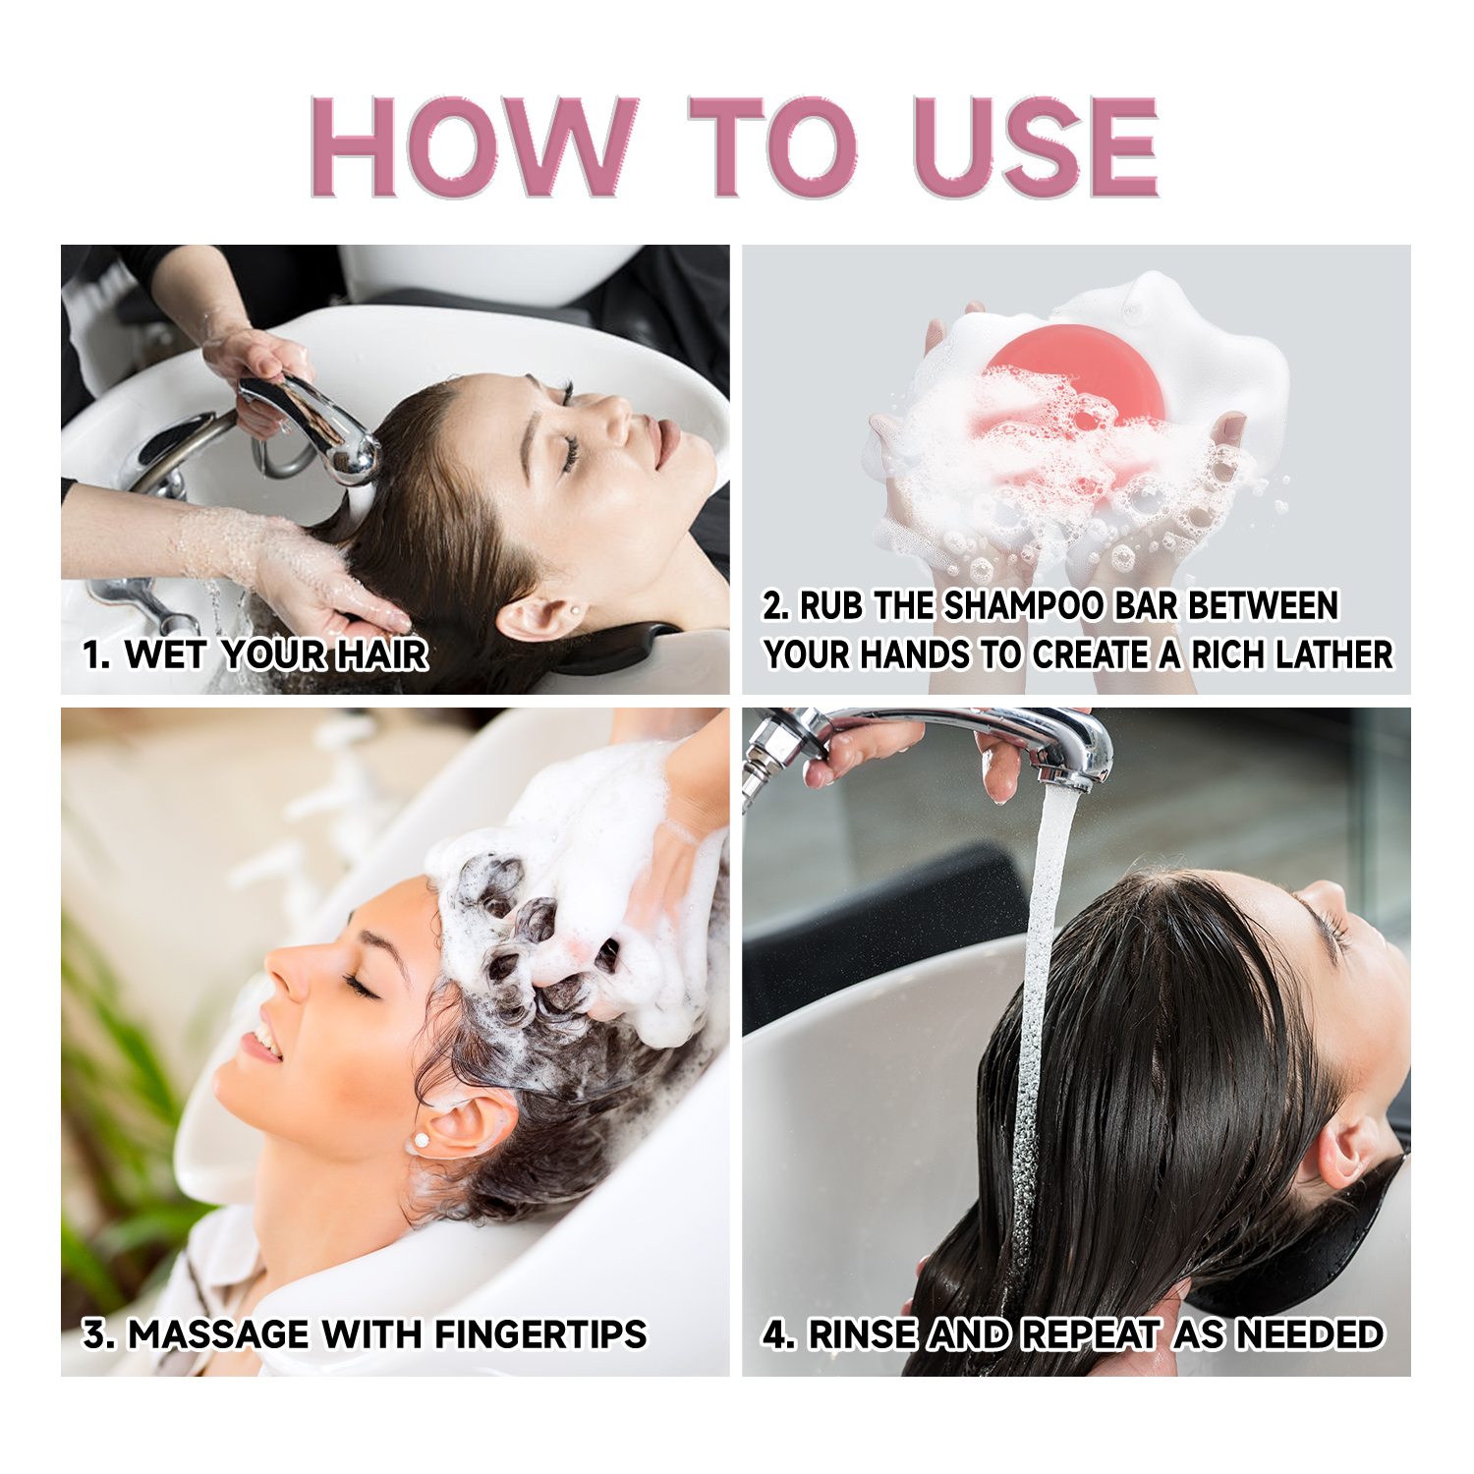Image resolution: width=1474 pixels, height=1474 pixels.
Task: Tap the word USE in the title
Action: coord(1036,147)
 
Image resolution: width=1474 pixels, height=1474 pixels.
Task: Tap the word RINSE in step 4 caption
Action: coord(862,1334)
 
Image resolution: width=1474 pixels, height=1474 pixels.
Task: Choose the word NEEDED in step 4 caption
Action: coord(1309,1334)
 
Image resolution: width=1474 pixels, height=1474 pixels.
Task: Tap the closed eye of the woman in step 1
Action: coord(568,452)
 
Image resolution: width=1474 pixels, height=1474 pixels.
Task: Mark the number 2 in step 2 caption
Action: coord(774,606)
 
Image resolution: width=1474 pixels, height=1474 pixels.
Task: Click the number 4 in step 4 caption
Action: coord(776,1334)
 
